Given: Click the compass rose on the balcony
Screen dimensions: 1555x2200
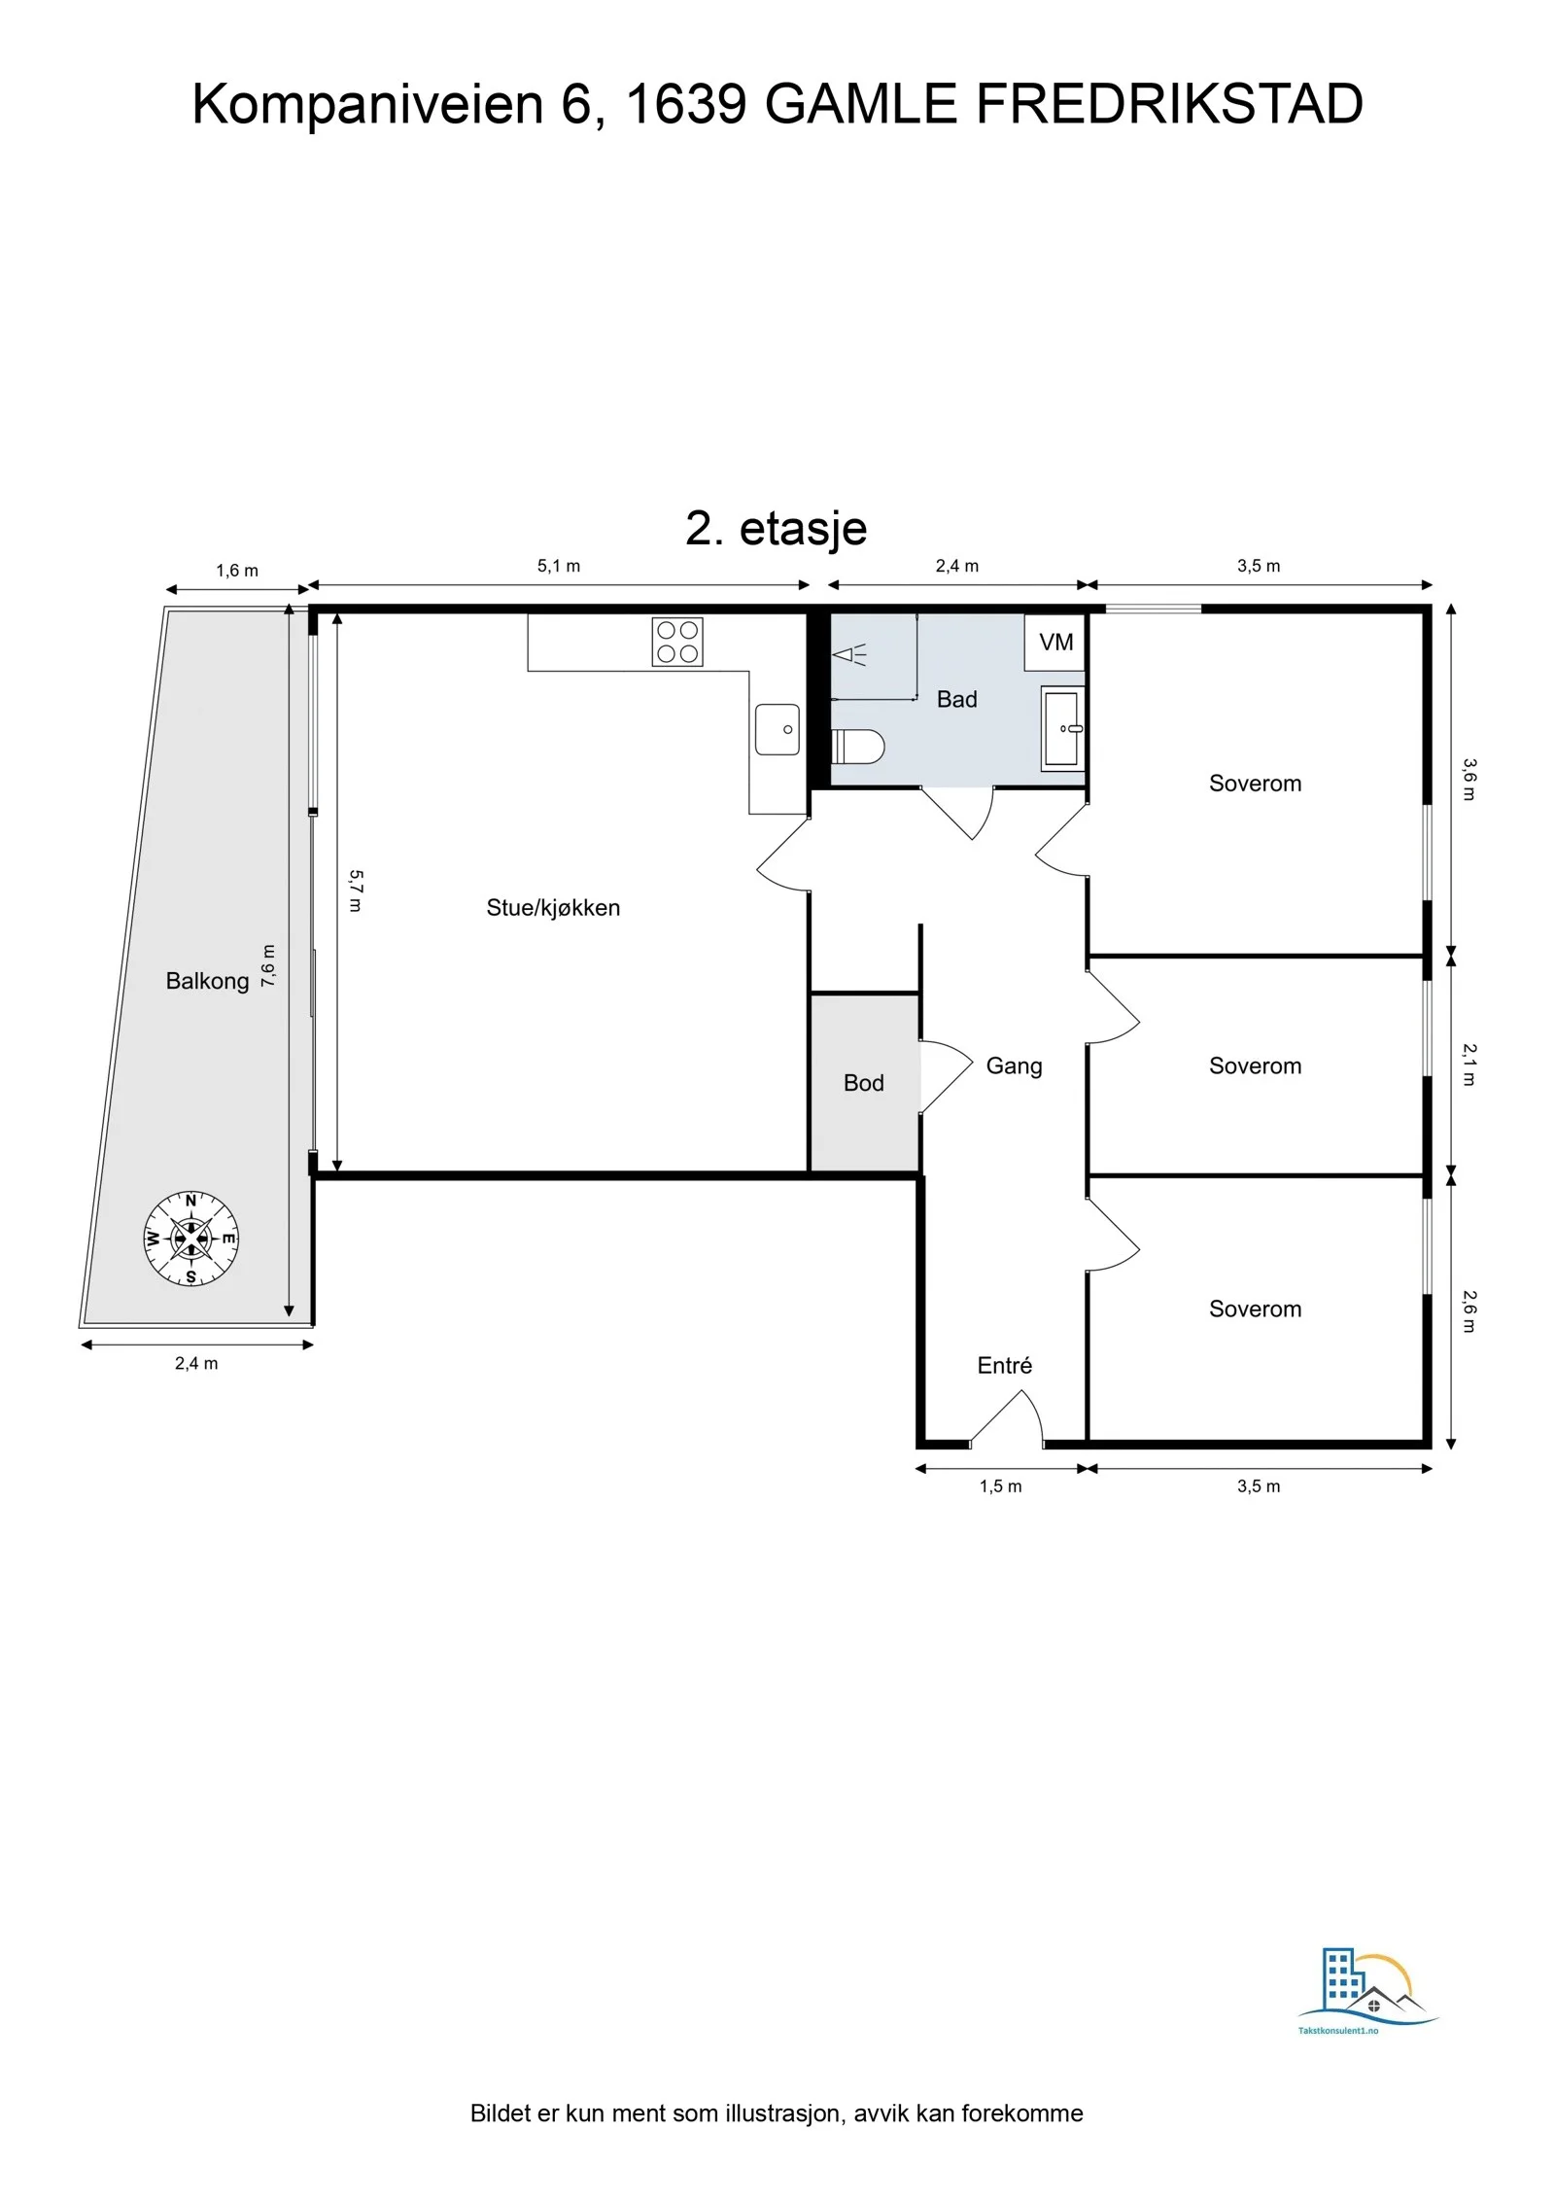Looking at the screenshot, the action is point(190,1239).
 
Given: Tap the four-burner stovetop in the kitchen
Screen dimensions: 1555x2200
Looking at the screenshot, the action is point(677,643).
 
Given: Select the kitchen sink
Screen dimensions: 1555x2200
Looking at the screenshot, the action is point(777,729).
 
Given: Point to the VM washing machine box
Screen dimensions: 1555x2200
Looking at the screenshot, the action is point(1054,643).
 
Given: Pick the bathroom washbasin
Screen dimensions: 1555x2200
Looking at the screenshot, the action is point(1063,728).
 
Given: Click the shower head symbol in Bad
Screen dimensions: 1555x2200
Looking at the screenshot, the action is point(849,654).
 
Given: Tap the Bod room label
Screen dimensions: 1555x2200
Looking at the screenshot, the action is point(864,1083).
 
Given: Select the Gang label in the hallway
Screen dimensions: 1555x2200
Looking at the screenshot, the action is point(1014,1066).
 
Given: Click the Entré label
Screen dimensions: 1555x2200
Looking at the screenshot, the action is point(1005,1365).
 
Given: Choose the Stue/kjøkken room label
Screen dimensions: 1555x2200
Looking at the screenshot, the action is point(553,908).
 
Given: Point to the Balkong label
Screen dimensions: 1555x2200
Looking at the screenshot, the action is point(207,981).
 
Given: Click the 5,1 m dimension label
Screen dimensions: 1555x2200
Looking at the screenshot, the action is point(559,566).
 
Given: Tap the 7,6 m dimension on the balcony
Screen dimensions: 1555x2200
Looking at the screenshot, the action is point(269,965).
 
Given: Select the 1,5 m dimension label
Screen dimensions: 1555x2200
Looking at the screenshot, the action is point(1001,1486).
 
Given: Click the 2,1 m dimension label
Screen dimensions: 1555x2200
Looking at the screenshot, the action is point(1469,1065).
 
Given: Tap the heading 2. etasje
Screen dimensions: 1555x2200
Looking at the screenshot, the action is point(777,528).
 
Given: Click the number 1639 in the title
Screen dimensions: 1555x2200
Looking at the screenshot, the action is point(685,104).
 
